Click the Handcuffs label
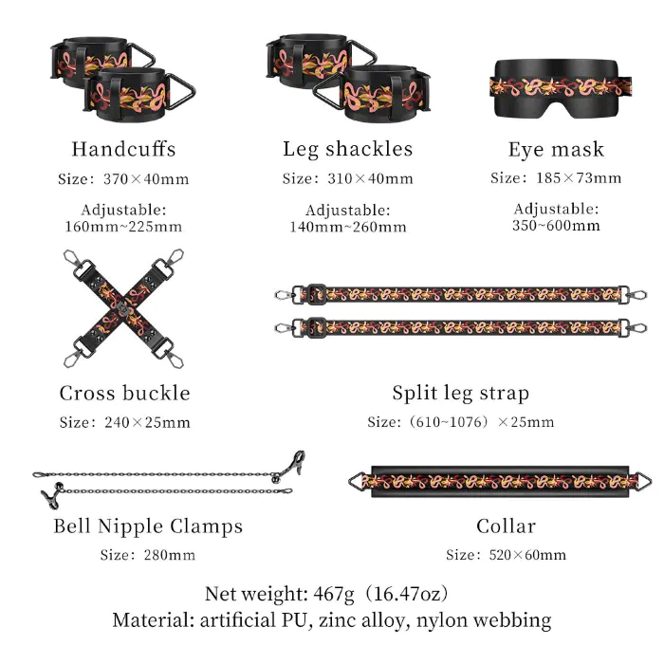coord(123,149)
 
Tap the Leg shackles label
coord(348,149)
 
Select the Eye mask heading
coord(556,150)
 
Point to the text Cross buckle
coord(124,393)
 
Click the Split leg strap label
coord(460,394)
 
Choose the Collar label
coord(506,526)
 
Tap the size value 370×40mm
coord(146,179)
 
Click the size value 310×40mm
coord(370,178)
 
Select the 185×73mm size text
coord(579,178)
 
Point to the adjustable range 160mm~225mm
coord(123,227)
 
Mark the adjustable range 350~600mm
coord(556,226)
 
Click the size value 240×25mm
coord(147,423)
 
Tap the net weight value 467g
coord(334,594)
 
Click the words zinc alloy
coord(364,620)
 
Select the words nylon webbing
coord(484,620)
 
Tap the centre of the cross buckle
coord(123,308)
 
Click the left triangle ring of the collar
coord(358,482)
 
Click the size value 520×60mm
coord(527,555)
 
